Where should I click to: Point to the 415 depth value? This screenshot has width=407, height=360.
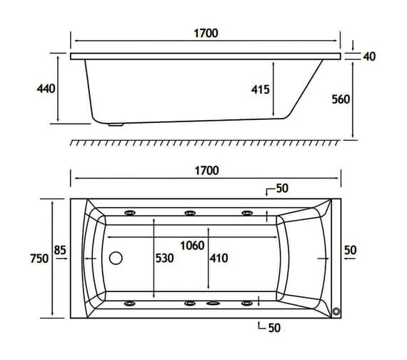(259, 89)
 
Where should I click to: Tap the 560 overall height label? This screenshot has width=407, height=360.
(340, 99)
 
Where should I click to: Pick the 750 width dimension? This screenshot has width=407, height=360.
(39, 259)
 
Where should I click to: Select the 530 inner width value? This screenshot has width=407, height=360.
(165, 258)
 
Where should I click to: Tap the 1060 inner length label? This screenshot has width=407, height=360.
(192, 246)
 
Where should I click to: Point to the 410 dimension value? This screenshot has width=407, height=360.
(218, 258)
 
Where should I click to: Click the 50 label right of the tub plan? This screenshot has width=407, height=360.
(350, 250)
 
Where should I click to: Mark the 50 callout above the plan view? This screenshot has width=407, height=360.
(281, 189)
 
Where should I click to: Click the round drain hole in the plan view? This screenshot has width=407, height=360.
(116, 258)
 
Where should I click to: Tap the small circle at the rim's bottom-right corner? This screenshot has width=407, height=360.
(336, 311)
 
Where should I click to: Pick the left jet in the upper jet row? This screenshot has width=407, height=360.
(131, 212)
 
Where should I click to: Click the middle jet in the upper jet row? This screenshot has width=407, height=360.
(190, 212)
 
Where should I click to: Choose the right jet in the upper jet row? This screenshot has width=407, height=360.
(248, 212)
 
